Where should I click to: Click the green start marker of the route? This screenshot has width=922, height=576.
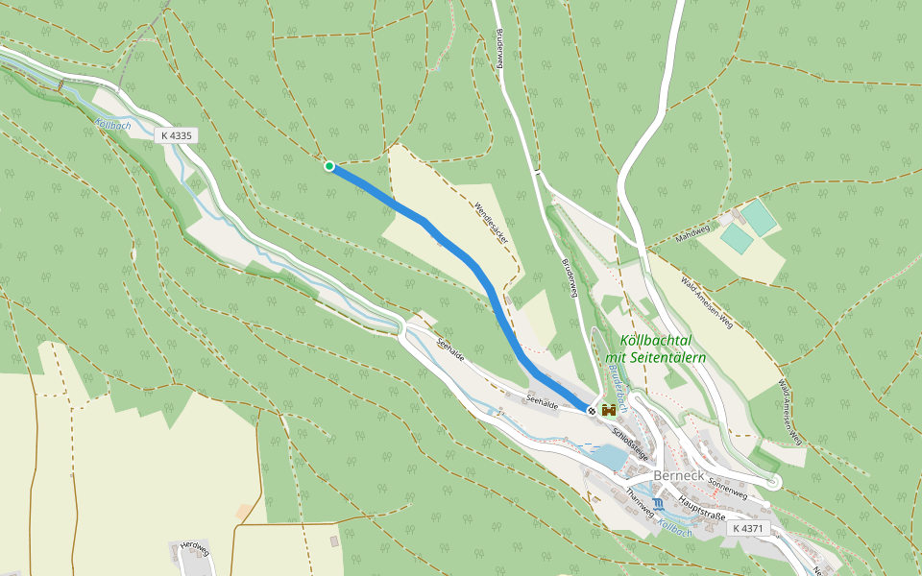(329, 166)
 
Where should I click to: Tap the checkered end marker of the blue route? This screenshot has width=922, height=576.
(592, 410)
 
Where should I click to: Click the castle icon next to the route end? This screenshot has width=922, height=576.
(609, 410)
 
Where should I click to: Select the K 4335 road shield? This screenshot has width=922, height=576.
(177, 135)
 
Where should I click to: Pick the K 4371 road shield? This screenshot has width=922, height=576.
(746, 528)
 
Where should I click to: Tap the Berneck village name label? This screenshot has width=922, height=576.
(680, 476)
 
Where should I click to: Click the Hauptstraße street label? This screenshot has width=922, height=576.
(701, 506)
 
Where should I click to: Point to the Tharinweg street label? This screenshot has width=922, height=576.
(639, 502)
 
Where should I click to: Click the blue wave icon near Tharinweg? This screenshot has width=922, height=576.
(658, 504)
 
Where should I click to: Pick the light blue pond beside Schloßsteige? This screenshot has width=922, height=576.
(607, 457)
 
